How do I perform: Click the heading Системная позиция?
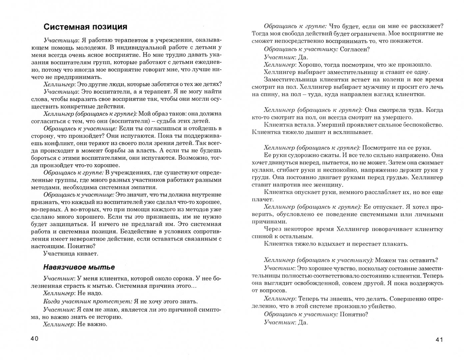pos(86,27)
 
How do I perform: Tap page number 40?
pos(35,339)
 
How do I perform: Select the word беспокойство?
pos(423,125)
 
